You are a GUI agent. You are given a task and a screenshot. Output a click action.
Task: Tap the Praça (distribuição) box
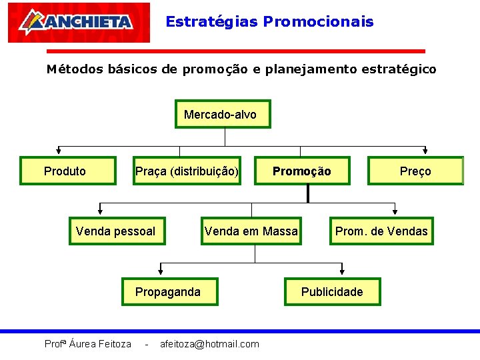pyautogui.click(x=187, y=171)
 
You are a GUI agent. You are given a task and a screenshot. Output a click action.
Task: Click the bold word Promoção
pyautogui.click(x=301, y=171)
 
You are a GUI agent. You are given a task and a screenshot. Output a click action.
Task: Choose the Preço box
pyautogui.click(x=415, y=171)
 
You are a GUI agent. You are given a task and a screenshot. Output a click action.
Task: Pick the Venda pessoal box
pyautogui.click(x=117, y=231)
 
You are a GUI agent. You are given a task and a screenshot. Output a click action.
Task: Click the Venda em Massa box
pyautogui.click(x=251, y=231)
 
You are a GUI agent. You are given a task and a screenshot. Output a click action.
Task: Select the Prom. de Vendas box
pyautogui.click(x=381, y=231)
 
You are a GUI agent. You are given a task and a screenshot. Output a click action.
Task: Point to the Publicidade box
pyautogui.click(x=332, y=291)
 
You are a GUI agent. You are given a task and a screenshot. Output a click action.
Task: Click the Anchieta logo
pyautogui.click(x=79, y=23)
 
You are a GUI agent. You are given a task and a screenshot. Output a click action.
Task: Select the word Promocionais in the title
pyautogui.click(x=318, y=21)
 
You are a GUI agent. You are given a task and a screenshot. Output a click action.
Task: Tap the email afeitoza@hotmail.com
pyautogui.click(x=209, y=344)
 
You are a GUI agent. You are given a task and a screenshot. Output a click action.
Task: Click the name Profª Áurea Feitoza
pyautogui.click(x=87, y=344)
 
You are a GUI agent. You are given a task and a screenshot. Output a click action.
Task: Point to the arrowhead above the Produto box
pyautogui.click(x=58, y=151)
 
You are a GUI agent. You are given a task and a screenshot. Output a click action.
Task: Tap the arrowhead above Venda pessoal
pyautogui.click(x=100, y=211)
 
